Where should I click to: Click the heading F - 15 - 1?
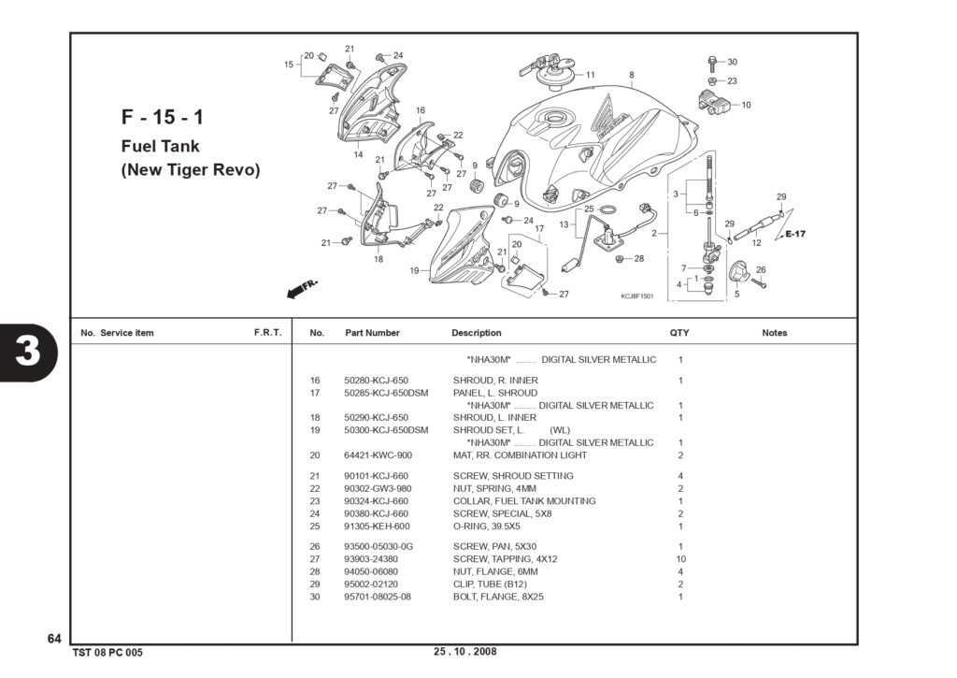point(162,117)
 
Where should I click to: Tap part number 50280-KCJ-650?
point(376,381)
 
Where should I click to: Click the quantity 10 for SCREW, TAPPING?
point(680,559)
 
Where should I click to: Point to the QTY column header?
point(679,333)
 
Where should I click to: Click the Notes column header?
point(775,333)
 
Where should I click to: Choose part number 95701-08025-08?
point(378,596)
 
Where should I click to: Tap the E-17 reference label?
point(795,234)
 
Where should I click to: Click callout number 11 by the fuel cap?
point(591,75)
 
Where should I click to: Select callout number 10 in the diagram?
point(746,105)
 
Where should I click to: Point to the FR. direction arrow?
point(302,288)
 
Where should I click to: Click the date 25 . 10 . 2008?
point(465,651)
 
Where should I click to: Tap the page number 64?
point(54,639)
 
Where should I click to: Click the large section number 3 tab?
point(28,352)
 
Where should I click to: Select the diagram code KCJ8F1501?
point(637,296)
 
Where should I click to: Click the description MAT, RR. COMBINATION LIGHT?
point(520,455)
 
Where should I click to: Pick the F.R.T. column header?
point(268,333)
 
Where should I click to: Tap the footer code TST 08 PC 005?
point(107,653)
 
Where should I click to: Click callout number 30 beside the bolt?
point(732,62)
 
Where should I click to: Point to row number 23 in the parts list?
point(314,501)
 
